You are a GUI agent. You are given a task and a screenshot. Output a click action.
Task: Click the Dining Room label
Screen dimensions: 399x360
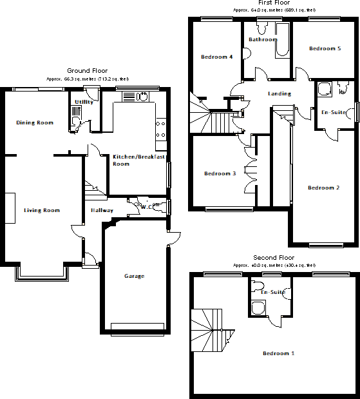tap(35, 122)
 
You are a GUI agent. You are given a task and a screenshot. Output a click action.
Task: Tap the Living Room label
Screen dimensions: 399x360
tap(42, 210)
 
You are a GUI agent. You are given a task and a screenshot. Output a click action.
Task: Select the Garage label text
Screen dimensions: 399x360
tap(134, 276)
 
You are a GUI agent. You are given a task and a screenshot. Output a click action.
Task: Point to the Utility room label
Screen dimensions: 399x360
tap(84, 102)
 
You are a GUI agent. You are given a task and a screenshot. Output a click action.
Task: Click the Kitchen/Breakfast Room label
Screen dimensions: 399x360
tap(139, 161)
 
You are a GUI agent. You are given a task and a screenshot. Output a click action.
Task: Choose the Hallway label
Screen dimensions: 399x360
tap(102, 210)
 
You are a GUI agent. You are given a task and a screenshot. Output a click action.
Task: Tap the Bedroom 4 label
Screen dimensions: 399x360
tap(216, 57)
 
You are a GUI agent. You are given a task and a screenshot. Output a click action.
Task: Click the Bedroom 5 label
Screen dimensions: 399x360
tap(325, 48)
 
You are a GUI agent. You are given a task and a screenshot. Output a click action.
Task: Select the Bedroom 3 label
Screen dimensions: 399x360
tap(220, 173)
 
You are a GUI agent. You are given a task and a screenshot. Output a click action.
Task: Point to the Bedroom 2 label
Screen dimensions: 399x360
tap(323, 188)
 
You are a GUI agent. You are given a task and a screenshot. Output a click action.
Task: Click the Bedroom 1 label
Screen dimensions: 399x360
tap(279, 353)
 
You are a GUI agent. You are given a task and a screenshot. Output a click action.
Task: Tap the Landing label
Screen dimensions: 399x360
tap(279, 93)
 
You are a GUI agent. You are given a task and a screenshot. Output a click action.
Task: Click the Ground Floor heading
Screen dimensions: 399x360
tap(87, 71)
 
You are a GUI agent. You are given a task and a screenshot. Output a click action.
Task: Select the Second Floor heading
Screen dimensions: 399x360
tap(274, 257)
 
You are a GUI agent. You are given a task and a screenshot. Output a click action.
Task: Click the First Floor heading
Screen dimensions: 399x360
tap(274, 3)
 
